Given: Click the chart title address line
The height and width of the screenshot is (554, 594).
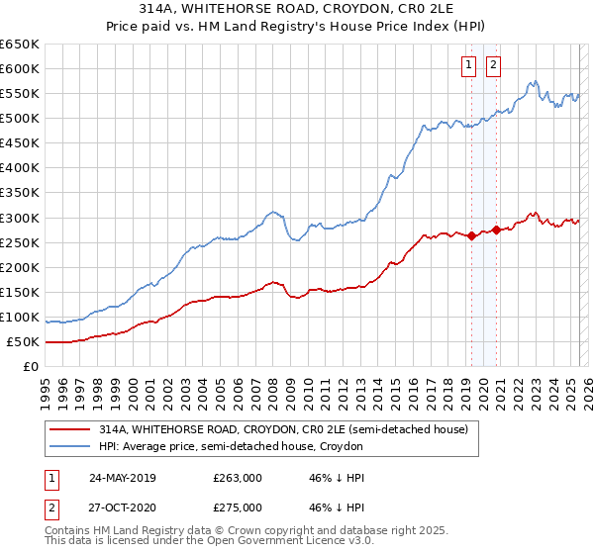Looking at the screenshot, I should (296, 8).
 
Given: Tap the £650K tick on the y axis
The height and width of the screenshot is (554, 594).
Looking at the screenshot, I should (20, 45).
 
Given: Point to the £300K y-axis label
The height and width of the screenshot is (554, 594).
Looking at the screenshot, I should (20, 218).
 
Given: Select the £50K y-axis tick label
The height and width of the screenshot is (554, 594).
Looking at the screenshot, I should (24, 342).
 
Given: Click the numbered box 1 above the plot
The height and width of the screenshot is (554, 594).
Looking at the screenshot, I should (468, 65).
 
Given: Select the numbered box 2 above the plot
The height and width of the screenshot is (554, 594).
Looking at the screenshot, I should (493, 65).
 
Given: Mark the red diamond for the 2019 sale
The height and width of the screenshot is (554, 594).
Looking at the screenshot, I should (471, 235).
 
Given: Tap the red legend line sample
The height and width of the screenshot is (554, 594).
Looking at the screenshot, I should (68, 429).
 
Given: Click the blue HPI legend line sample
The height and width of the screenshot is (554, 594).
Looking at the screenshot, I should (68, 447).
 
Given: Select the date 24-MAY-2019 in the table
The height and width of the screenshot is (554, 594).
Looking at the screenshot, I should (122, 478).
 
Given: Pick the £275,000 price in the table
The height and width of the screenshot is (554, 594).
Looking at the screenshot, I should (237, 508).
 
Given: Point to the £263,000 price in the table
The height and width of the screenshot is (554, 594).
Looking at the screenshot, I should (237, 478).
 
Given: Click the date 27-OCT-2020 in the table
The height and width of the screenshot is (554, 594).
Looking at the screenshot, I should (122, 508).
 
